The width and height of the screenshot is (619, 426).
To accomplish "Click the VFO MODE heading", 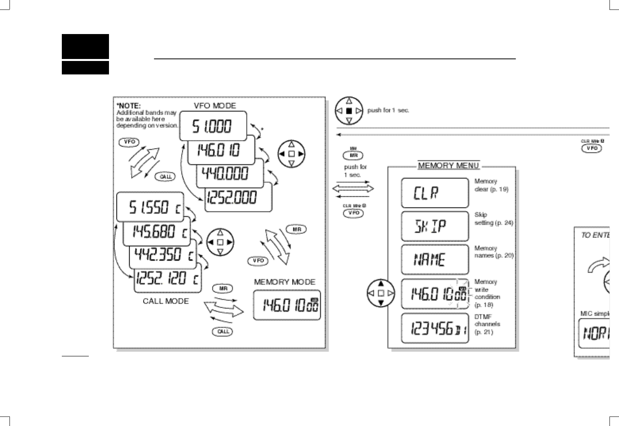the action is coord(214,106).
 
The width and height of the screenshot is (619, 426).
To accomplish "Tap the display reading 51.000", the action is coord(213,126).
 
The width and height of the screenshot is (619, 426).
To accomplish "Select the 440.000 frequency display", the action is coord(230,173).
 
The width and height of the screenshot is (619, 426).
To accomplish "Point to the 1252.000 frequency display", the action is coord(238,197).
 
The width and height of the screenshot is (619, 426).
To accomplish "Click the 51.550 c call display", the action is coord(150,207).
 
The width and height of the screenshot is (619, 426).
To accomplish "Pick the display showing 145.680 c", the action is coord(157,231).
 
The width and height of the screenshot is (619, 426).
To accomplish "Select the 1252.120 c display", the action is coord(168,279).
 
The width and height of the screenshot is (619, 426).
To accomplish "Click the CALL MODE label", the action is coord(166,301).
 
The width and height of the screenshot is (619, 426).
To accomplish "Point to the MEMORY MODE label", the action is coord(285,282).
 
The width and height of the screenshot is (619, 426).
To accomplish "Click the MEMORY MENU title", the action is coord(448,165).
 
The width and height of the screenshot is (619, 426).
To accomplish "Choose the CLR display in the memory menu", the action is coord(435,193).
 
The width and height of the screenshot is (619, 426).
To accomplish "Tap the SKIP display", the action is coord(435,226).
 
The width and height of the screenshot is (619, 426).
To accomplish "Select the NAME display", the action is coord(435,260).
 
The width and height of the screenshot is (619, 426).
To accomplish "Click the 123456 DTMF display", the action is coord(435,328).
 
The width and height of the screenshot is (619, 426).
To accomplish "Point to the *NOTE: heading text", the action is coord(128,106).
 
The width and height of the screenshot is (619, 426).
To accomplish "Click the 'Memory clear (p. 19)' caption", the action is coord(491,185).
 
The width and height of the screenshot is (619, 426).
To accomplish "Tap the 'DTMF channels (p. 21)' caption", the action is coord(487,324).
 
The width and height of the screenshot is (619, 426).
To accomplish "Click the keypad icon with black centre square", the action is coord(349,111).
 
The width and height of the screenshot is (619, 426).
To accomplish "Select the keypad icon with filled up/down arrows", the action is coord(381,293).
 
